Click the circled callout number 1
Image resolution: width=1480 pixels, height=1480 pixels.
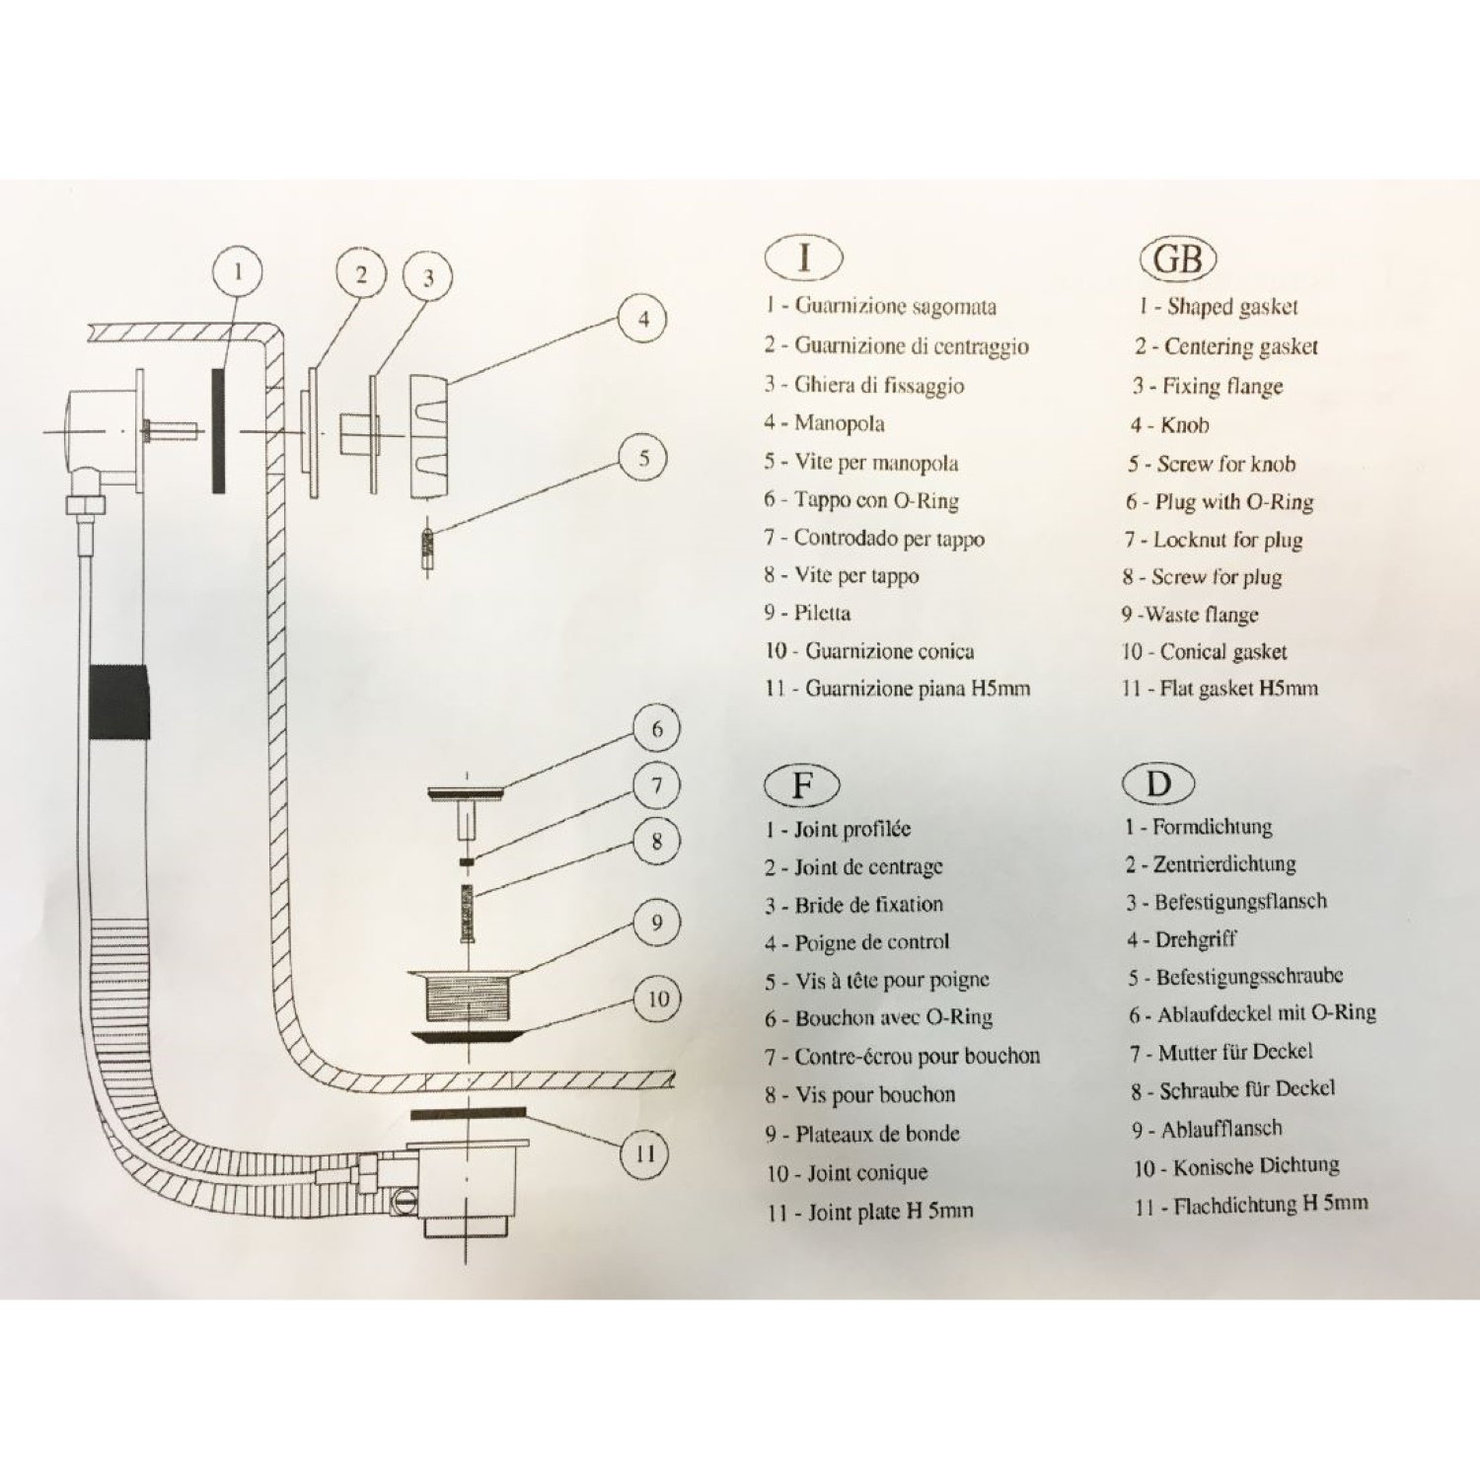(237, 270)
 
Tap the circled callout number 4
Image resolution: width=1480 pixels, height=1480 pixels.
(643, 319)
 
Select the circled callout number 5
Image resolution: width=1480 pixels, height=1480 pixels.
(643, 458)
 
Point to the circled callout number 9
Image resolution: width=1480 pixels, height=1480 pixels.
(657, 924)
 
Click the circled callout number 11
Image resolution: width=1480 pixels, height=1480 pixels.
(645, 1152)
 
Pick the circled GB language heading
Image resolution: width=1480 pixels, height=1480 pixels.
(1177, 259)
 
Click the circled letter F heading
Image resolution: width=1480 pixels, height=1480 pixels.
(802, 785)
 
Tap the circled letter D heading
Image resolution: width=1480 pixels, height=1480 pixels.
(1157, 784)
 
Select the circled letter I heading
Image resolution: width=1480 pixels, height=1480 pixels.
(804, 258)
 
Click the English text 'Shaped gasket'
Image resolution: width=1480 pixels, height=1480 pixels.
(1231, 307)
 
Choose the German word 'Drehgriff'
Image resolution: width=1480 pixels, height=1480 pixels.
(1195, 939)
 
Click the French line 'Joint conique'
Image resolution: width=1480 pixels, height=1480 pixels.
(866, 1173)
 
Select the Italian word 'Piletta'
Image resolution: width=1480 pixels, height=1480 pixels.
(822, 613)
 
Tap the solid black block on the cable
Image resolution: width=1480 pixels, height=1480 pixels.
(119, 702)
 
